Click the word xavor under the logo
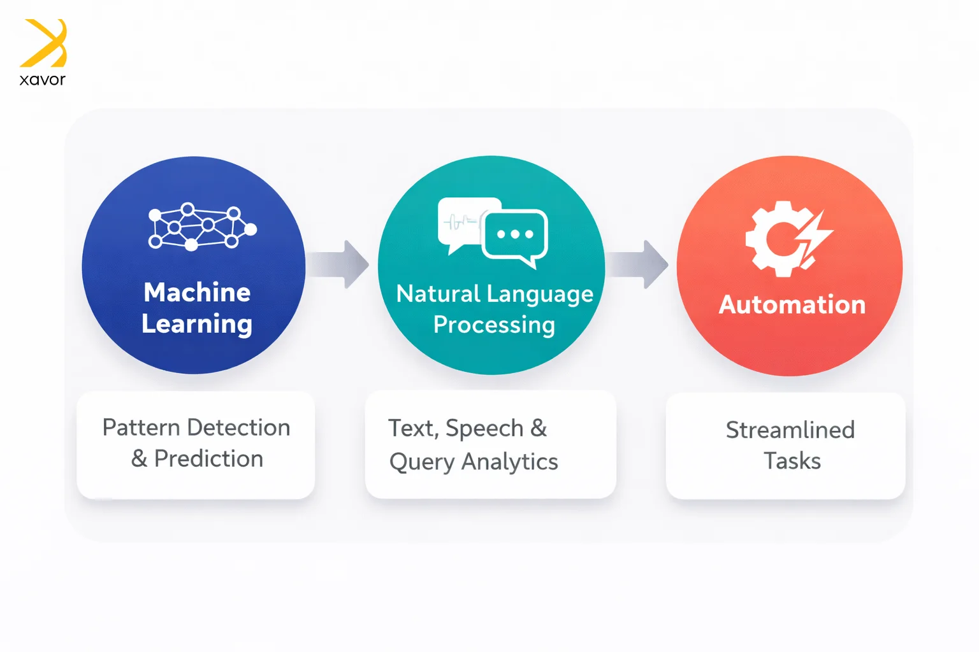(x=42, y=80)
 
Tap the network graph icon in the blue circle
(x=201, y=227)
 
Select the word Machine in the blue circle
(x=197, y=292)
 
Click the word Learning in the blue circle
(x=197, y=324)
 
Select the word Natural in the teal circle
(x=438, y=294)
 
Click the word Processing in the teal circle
(x=494, y=325)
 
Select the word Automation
(x=792, y=305)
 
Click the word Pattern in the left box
(x=141, y=428)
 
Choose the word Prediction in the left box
(x=208, y=459)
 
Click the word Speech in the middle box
(x=484, y=429)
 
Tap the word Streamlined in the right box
(x=790, y=430)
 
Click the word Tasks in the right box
(x=792, y=461)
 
